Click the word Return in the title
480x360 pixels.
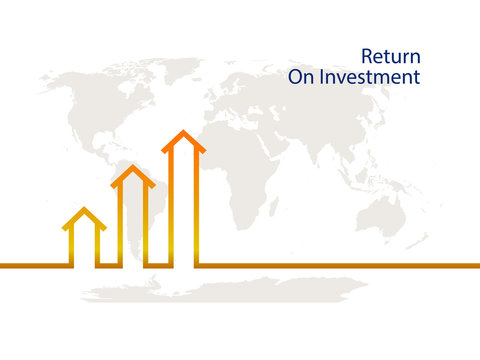[390, 56]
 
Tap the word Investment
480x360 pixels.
[370, 77]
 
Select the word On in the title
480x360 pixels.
[301, 77]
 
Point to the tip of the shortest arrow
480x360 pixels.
[85, 210]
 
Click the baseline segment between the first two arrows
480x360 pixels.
[109, 265]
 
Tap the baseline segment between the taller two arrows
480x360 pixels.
[158, 265]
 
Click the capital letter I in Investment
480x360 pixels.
[322, 77]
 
